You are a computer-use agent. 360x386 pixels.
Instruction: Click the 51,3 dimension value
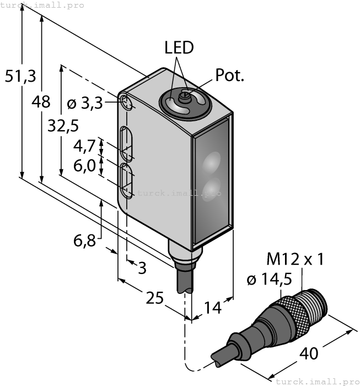click(x=17, y=76)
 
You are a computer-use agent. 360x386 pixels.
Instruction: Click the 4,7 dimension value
click(x=84, y=146)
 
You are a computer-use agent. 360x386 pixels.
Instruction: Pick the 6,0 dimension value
click(x=84, y=165)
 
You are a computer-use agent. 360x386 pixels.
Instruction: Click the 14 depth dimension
click(x=212, y=307)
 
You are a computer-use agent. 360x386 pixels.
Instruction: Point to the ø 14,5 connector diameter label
click(x=269, y=280)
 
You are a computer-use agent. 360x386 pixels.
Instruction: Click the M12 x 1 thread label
click(x=295, y=259)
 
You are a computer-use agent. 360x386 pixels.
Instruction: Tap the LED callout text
click(x=179, y=48)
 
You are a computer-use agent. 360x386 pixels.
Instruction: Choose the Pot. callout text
click(x=229, y=76)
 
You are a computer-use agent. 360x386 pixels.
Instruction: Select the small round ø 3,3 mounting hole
click(x=126, y=103)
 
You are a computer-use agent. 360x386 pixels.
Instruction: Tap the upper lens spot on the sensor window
click(x=211, y=162)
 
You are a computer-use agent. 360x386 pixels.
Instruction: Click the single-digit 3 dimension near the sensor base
click(x=142, y=269)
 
